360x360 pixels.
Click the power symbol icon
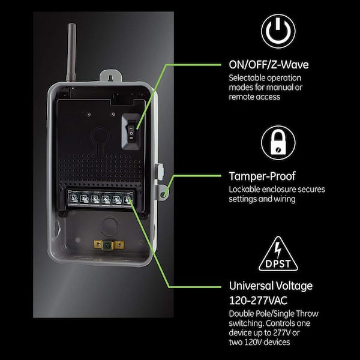pos(278,31)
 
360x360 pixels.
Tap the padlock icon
pos(278,143)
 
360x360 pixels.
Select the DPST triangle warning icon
pos(278,254)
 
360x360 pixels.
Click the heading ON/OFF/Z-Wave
pos(269,65)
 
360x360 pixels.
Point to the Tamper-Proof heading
pos(262,176)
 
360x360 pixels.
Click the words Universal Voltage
pos(271,286)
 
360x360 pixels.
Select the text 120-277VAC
pos(258,301)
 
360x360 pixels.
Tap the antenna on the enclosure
pos(71,52)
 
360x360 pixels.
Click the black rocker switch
pos(131,132)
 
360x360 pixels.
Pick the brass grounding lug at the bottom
pos(109,245)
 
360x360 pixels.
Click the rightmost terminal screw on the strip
pos(128,199)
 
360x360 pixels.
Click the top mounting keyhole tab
pos(110,76)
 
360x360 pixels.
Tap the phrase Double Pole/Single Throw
pos(274,314)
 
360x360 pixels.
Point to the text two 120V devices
pos(259,343)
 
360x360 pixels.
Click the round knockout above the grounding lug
pos(109,226)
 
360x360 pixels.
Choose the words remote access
pos(254,97)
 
